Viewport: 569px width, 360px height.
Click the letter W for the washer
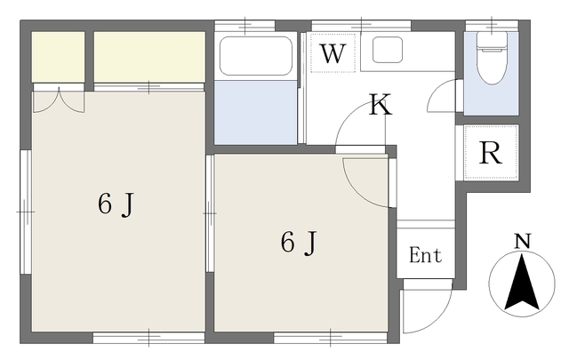coord(333,53)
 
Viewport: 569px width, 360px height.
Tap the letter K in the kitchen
coord(381,106)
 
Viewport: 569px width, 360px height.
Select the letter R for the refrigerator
coord(491,153)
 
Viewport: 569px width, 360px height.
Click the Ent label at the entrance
coord(425,256)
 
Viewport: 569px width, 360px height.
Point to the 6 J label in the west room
coord(116,204)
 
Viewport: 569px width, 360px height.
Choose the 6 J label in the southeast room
coord(299,242)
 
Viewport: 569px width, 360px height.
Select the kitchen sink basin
coord(389,50)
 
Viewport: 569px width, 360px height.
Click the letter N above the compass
coord(523,241)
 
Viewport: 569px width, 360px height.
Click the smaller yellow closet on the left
coord(59,56)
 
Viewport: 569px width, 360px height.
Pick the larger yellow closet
coord(149,56)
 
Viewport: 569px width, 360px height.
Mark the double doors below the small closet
coord(58,100)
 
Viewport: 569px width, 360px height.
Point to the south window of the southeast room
coord(330,337)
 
